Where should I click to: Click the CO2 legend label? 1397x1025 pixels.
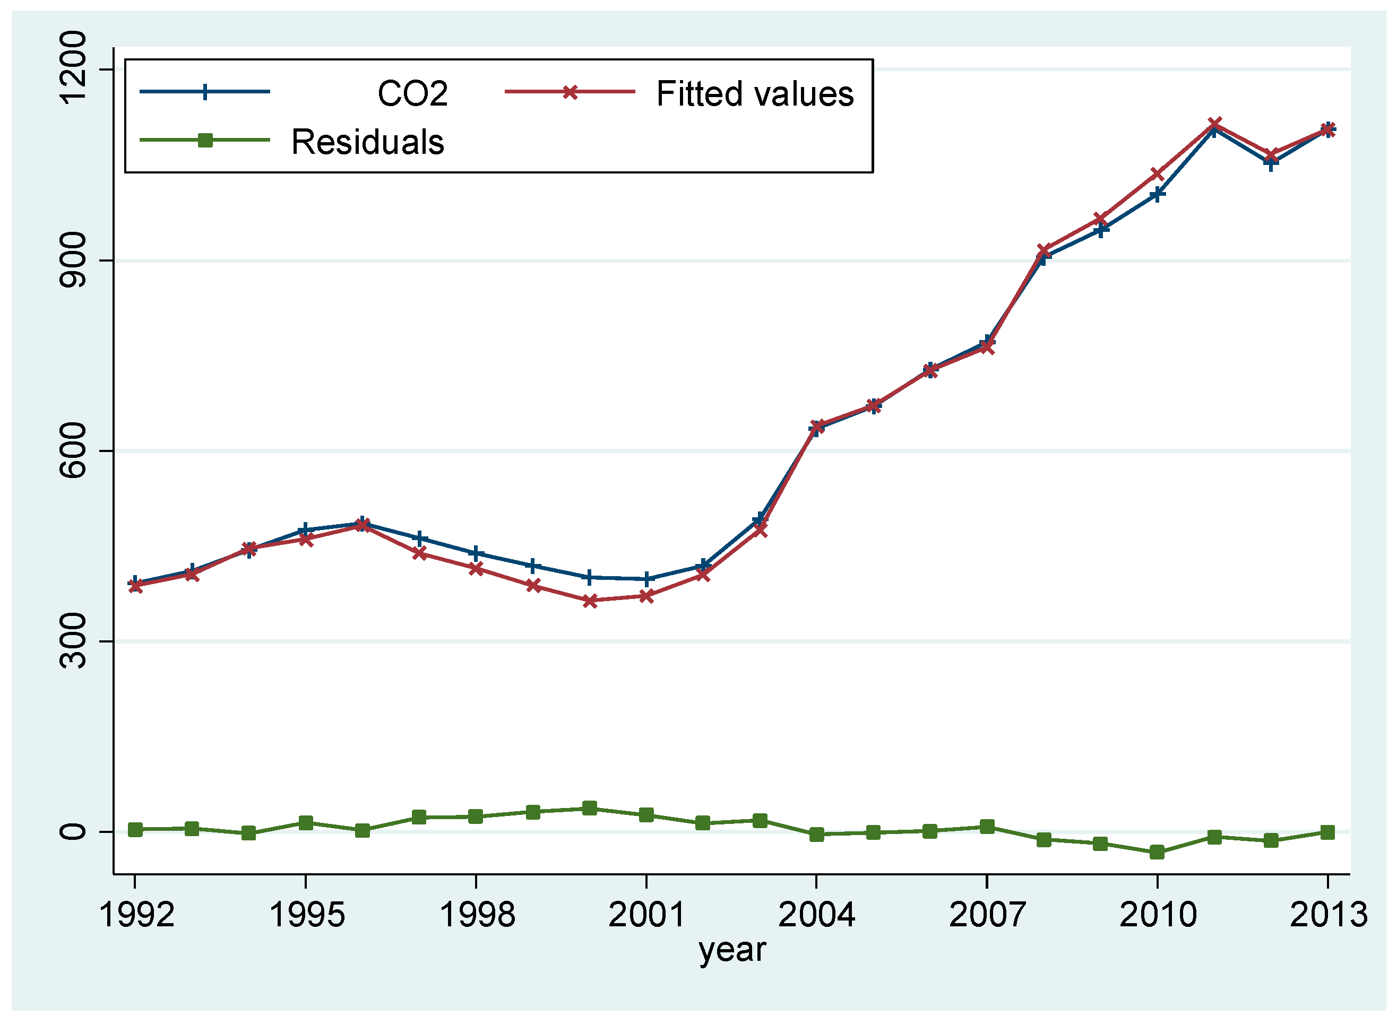pos(412,94)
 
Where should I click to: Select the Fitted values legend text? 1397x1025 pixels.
pos(755,94)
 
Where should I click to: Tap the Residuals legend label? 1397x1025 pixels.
pos(367,142)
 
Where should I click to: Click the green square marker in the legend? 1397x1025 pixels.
pos(205,140)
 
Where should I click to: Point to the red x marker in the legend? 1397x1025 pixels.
pos(570,92)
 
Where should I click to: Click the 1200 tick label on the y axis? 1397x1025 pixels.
pos(73,68)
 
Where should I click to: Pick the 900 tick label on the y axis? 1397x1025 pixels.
pos(73,260)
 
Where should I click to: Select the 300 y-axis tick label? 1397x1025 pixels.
pos(73,641)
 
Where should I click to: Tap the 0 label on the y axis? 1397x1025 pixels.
pos(73,831)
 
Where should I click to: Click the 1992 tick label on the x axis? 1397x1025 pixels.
pos(136,915)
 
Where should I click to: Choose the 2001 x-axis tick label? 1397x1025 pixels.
pos(646,915)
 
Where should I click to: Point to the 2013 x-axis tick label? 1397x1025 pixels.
pos(1327,915)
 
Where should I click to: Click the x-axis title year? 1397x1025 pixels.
pos(732,949)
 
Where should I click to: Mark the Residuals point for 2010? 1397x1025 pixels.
pos(1157,852)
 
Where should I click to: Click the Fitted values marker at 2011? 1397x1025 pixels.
pos(1214,124)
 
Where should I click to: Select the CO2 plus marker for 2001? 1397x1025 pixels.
pos(646,579)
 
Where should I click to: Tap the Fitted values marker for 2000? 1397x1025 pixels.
pos(590,601)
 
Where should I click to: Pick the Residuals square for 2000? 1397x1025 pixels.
pos(590,808)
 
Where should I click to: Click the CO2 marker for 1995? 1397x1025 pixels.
pos(305,531)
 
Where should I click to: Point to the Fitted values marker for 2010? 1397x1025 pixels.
pos(1157,173)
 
